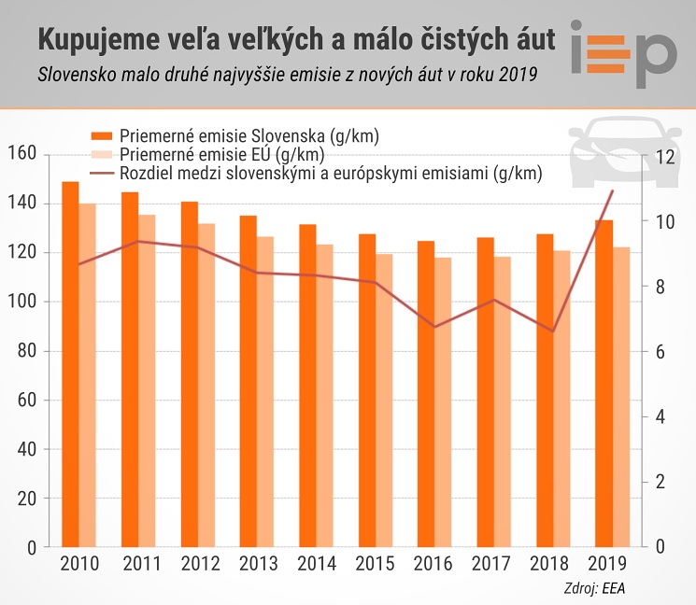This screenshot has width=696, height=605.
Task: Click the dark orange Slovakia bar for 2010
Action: pyautogui.click(x=70, y=364)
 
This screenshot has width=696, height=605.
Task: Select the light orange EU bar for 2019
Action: pyautogui.click(x=621, y=397)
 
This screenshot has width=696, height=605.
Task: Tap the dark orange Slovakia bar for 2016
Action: pyautogui.click(x=426, y=394)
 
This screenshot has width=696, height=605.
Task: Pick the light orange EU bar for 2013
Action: pyautogui.click(x=265, y=391)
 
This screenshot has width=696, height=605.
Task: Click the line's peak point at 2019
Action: pyautogui.click(x=613, y=190)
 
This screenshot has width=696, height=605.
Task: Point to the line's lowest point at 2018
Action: pyautogui.click(x=553, y=331)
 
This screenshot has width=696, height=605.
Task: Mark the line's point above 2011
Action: pyautogui.click(x=138, y=241)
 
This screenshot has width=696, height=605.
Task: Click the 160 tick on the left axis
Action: pyautogui.click(x=22, y=153)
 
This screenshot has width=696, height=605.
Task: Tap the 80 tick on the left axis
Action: pyautogui.click(x=27, y=350)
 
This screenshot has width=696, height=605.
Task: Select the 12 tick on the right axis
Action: pyautogui.click(x=664, y=157)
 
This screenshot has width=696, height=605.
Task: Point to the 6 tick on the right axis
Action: pyautogui.click(x=660, y=352)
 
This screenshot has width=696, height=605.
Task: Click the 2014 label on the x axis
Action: pyautogui.click(x=317, y=564)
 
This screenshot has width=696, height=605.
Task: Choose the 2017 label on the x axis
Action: pyautogui.click(x=490, y=564)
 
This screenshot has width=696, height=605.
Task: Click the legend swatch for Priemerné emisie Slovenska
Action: pyautogui.click(x=101, y=135)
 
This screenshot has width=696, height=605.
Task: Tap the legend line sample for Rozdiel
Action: pyautogui.click(x=101, y=173)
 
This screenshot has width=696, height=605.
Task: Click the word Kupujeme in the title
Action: pyautogui.click(x=99, y=40)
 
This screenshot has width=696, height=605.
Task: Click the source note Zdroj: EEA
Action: pyautogui.click(x=594, y=588)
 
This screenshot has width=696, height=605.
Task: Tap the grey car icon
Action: pyautogui.click(x=625, y=151)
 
